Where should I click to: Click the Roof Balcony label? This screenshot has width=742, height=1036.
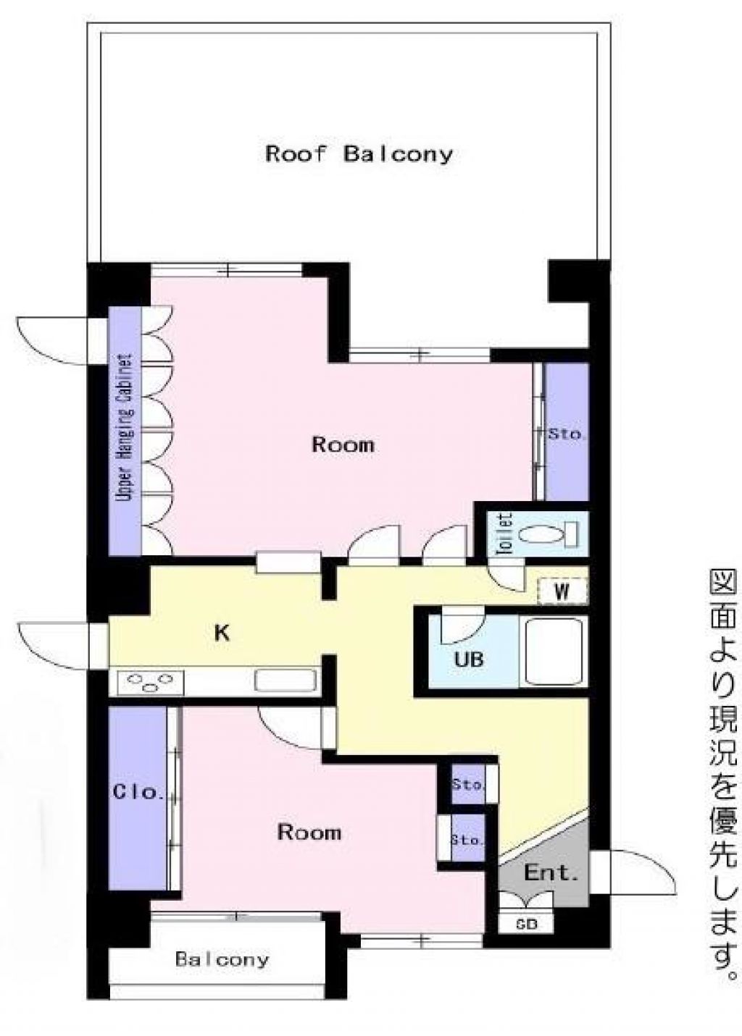pos(359,153)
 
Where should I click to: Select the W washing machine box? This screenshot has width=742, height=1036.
pos(562,591)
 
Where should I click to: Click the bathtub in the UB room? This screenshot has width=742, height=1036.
pos(555,654)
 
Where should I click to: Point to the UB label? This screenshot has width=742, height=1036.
pos(468,659)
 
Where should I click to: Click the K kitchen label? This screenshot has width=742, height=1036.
pos(222,633)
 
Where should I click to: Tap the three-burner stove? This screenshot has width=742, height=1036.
pos(146,683)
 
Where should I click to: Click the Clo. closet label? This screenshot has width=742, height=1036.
pos(138,792)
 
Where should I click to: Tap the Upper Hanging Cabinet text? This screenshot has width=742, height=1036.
pos(125,428)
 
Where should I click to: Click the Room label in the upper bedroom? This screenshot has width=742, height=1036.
pos(343,445)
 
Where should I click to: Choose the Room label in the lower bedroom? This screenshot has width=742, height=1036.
pos(309,832)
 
